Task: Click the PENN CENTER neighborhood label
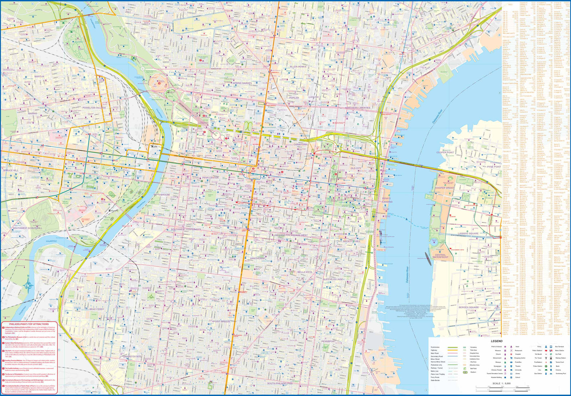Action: point(210,178)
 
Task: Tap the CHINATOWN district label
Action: point(300,144)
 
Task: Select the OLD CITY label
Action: point(355,168)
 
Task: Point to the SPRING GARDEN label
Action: point(242,83)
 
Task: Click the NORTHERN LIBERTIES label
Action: point(357,108)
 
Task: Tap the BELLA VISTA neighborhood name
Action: point(304,272)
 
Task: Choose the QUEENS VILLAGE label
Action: point(333,279)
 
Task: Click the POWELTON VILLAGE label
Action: point(94,108)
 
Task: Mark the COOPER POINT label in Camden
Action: point(445,152)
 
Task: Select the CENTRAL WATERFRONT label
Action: point(440,256)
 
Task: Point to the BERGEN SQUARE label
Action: point(469,307)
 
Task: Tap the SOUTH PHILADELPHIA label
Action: point(280,384)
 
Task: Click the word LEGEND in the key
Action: point(496,341)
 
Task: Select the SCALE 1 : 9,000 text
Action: point(501,384)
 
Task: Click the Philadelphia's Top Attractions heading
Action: point(29,324)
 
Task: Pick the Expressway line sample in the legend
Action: point(453,347)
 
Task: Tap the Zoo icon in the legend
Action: point(546,370)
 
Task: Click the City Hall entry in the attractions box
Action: point(8,351)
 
